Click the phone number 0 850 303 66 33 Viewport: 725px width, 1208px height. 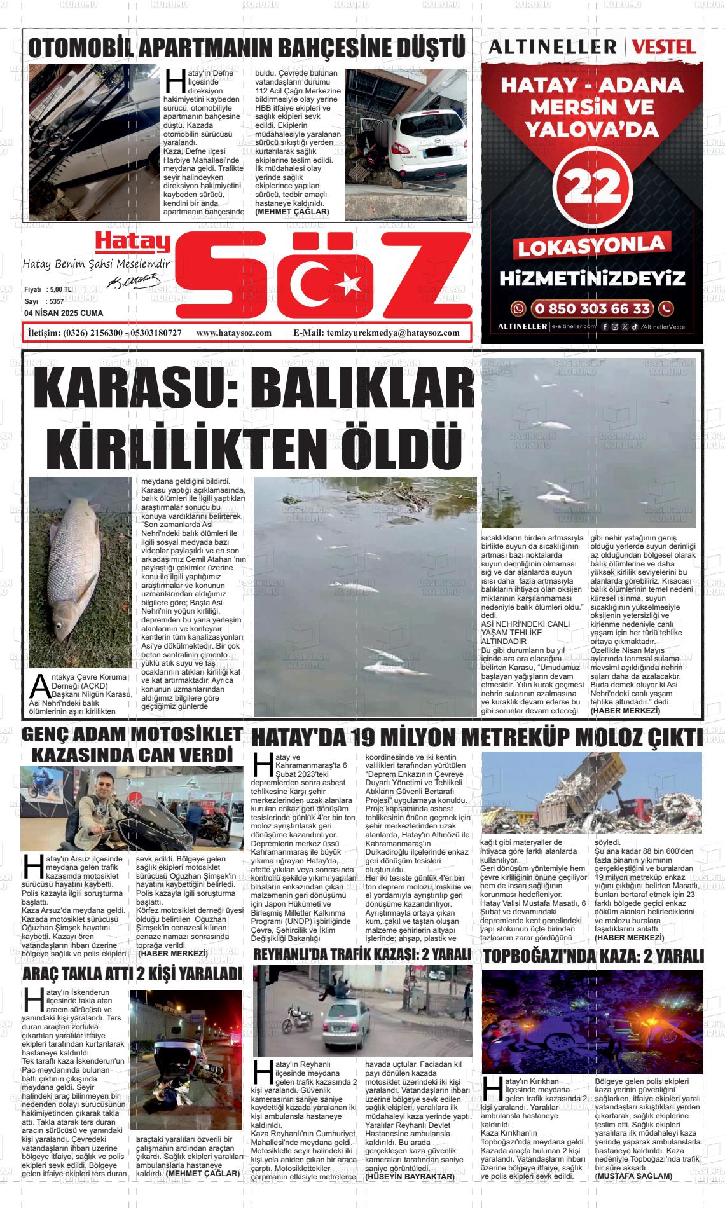pos(592,309)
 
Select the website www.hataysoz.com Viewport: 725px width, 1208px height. pos(234,333)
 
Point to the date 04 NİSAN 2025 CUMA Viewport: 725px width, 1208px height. pos(64,313)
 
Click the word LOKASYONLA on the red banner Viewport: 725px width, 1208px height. pos(592,246)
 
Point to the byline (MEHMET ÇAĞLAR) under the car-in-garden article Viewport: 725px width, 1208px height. pos(292,211)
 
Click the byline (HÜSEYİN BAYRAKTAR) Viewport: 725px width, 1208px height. pos(410,1177)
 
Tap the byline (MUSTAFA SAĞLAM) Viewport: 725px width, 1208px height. pos(633,1176)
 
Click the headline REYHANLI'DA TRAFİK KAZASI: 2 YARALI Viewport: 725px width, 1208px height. pos(362,955)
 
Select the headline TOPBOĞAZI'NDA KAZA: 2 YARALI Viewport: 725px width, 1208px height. pos(593,956)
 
